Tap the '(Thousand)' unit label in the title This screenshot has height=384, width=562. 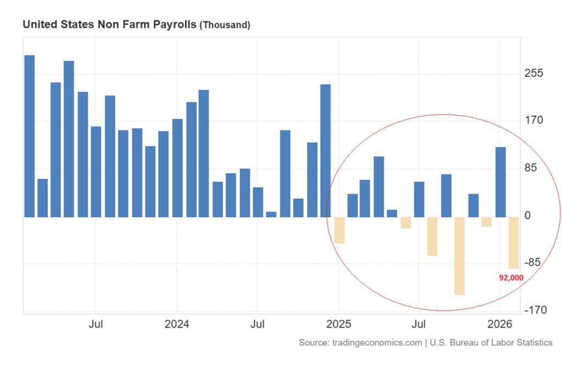(x=224, y=25)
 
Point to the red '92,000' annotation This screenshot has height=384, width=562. (x=511, y=278)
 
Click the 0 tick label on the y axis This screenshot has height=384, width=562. (x=527, y=216)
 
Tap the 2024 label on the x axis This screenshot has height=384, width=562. (x=177, y=324)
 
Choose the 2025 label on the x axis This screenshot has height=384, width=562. (x=339, y=324)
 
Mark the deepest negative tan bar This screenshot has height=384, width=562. (x=459, y=256)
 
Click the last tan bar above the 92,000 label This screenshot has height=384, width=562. (x=514, y=242)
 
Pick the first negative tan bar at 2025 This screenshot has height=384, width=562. (x=339, y=230)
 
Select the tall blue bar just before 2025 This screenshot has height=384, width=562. (x=325, y=150)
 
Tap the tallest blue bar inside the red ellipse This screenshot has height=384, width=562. (x=501, y=182)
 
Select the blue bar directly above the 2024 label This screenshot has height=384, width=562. (x=177, y=168)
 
